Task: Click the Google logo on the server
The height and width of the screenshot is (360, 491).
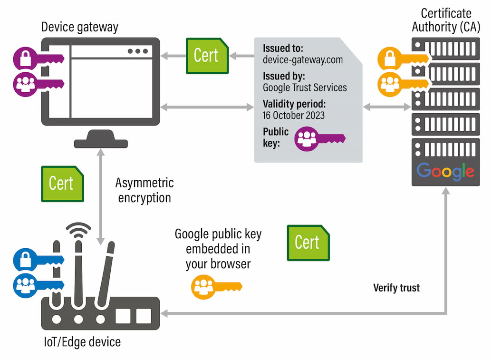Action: (445, 171)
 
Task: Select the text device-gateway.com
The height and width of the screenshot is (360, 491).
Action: (302, 60)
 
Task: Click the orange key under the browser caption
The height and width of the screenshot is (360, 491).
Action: (217, 287)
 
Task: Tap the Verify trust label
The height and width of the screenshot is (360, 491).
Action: (396, 288)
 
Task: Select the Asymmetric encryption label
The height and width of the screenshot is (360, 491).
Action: (144, 190)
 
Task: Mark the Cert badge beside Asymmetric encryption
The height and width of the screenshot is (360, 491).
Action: (63, 184)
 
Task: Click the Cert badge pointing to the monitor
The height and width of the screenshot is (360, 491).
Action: (207, 56)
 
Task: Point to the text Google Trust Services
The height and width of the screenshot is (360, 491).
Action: (305, 88)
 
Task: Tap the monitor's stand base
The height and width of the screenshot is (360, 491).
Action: (101, 143)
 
